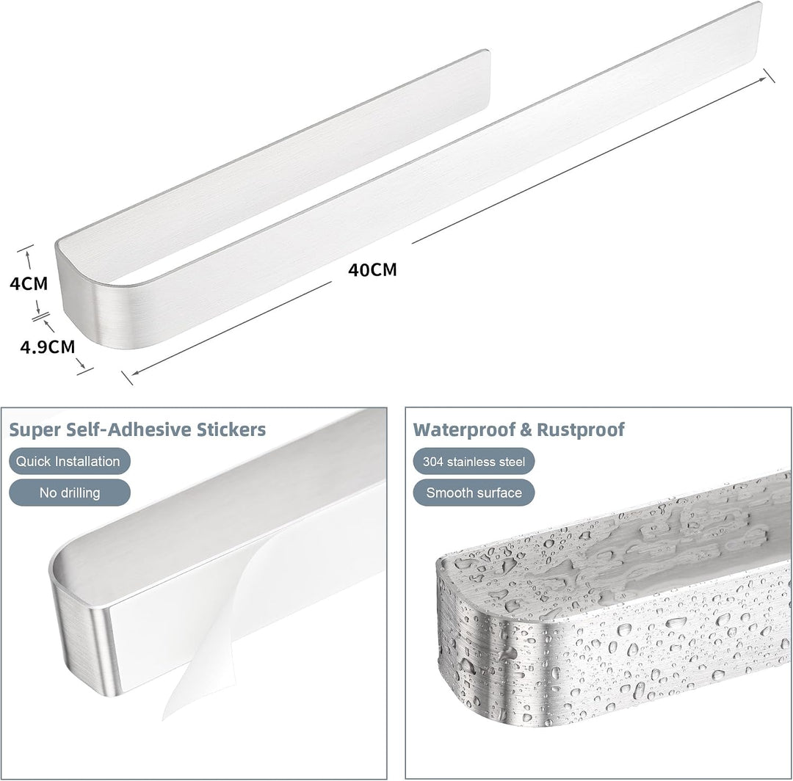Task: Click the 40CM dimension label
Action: point(372,269)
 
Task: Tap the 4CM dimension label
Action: point(29,283)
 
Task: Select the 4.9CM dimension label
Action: point(48,346)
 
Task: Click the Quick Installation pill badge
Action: point(70,461)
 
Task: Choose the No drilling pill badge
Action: point(70,493)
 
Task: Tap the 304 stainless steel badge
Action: point(474,461)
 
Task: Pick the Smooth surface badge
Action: point(474,493)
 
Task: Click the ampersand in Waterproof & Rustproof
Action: point(526,429)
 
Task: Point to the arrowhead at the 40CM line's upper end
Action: point(761,79)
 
